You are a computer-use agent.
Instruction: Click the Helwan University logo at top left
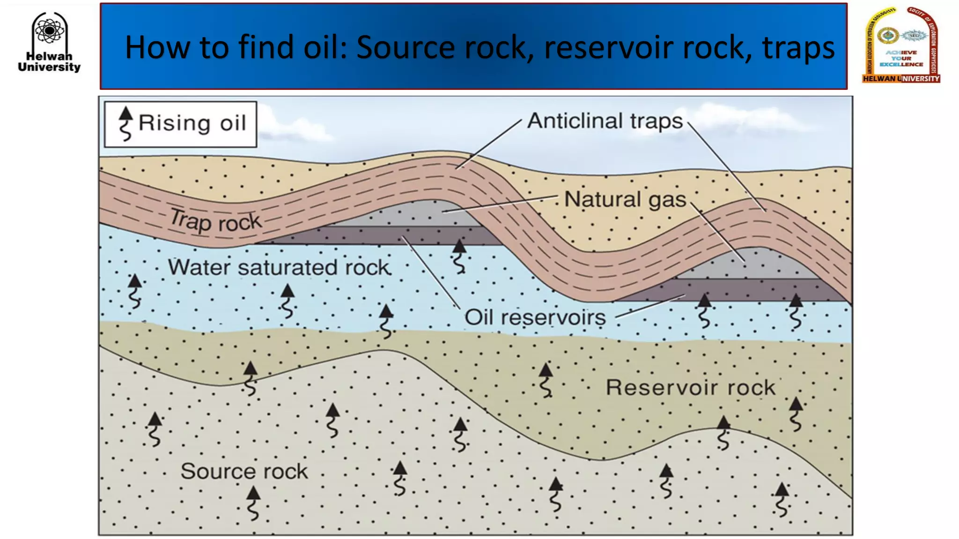[x=49, y=42]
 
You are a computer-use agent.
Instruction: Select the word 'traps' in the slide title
[x=798, y=47]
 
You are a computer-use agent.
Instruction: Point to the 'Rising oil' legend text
[x=192, y=124]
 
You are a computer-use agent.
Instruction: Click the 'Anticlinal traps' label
[x=605, y=121]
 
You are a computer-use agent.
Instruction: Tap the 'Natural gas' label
[x=625, y=199]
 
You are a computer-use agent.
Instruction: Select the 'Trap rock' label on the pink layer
[x=215, y=221]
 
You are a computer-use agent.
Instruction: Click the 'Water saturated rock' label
[x=279, y=268]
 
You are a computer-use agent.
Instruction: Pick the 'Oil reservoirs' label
[x=535, y=318]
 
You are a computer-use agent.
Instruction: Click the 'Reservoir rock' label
[x=690, y=387]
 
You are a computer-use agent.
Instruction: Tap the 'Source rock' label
[x=244, y=471]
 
